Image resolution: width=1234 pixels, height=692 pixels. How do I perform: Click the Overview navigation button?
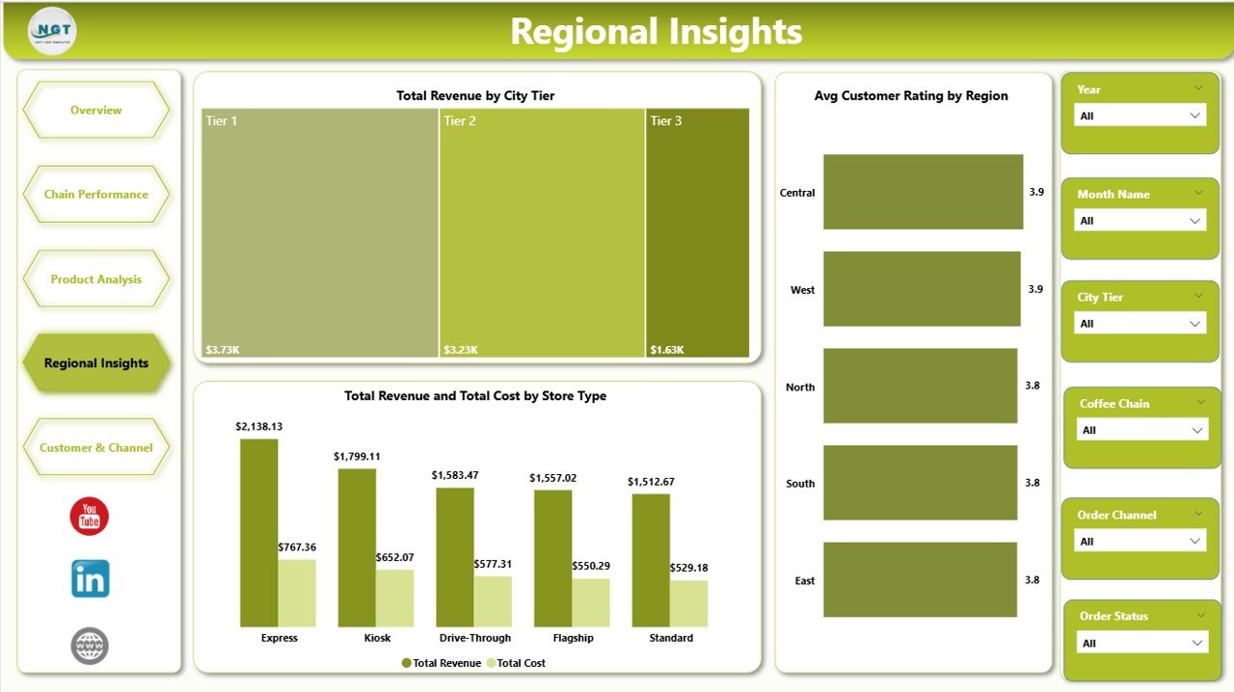click(x=96, y=110)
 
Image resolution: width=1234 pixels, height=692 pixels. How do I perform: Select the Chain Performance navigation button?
click(x=96, y=195)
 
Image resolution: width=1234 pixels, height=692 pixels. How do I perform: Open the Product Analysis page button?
click(x=96, y=279)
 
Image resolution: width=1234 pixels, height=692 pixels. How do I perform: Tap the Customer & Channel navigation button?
click(x=96, y=447)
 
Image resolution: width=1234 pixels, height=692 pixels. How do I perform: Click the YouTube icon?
click(x=90, y=517)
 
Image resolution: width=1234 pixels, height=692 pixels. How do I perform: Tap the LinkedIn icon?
click(x=90, y=578)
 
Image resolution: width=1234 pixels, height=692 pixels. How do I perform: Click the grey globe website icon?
click(x=90, y=645)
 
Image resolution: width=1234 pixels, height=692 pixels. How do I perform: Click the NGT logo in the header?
click(x=53, y=31)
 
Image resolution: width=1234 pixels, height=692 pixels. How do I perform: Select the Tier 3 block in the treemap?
click(x=697, y=231)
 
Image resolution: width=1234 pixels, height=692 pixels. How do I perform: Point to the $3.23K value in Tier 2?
click(x=459, y=350)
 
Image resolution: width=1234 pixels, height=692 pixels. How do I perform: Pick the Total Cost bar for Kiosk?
click(x=394, y=598)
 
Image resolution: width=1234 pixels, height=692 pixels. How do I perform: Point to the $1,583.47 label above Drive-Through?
click(x=456, y=475)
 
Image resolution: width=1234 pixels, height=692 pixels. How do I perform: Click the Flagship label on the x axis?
click(x=573, y=638)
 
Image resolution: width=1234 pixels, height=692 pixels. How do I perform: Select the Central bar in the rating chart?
click(x=923, y=192)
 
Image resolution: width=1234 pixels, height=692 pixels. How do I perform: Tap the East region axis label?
click(x=804, y=580)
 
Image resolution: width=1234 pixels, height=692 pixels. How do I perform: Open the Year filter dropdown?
click(x=1140, y=116)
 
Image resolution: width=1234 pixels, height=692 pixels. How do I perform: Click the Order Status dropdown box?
click(x=1140, y=643)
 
